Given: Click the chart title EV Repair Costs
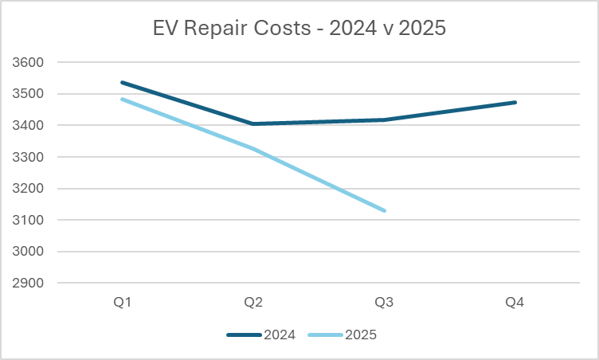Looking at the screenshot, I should coord(299,29).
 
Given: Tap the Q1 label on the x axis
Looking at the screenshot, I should coord(122,303).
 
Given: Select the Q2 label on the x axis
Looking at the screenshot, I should coord(253,303).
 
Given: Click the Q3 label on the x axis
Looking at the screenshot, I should coord(385,303).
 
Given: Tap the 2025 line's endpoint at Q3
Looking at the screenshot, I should coord(385,210).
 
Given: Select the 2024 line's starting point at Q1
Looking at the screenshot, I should coord(122,82).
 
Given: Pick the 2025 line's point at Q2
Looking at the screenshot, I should coord(253,148).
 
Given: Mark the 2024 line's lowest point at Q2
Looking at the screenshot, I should coord(253,123).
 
